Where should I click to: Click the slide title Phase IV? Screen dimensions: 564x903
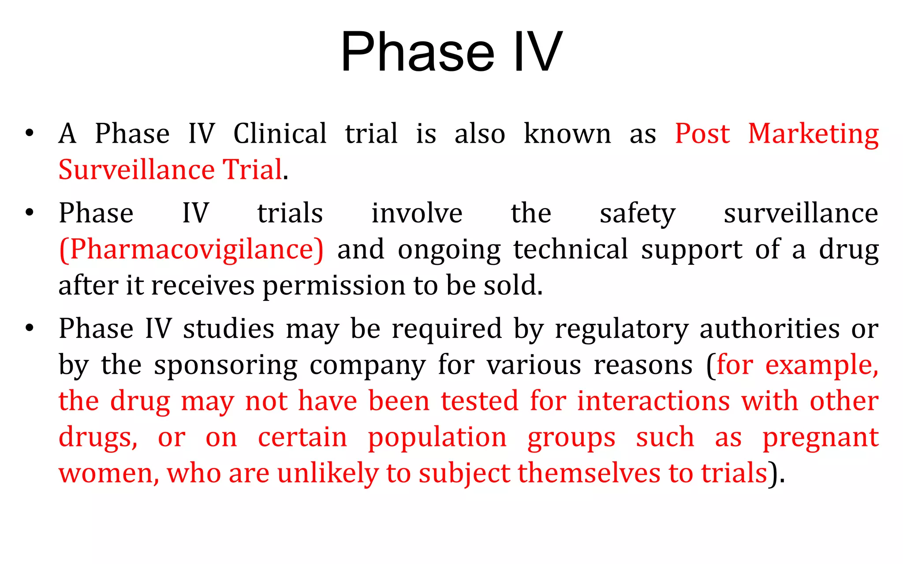pos(451,52)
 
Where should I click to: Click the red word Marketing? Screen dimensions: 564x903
pos(813,134)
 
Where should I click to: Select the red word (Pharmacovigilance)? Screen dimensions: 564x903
pos(191,249)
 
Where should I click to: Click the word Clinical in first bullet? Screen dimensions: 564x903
pos(280,134)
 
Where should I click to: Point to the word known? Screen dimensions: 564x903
pos(567,134)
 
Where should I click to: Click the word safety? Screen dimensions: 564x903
pos(637,214)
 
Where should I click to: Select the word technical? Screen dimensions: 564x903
pos(571,249)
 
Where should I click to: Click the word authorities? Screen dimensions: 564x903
pos(769,329)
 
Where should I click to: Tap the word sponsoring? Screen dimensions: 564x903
pos(226,366)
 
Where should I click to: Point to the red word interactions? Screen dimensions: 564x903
pos(653,401)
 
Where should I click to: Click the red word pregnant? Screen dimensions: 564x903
pos(821,438)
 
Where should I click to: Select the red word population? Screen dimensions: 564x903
pos(437,438)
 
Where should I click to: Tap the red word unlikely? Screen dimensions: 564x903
pos(328,473)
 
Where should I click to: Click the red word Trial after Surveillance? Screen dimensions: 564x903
pos(252,170)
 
